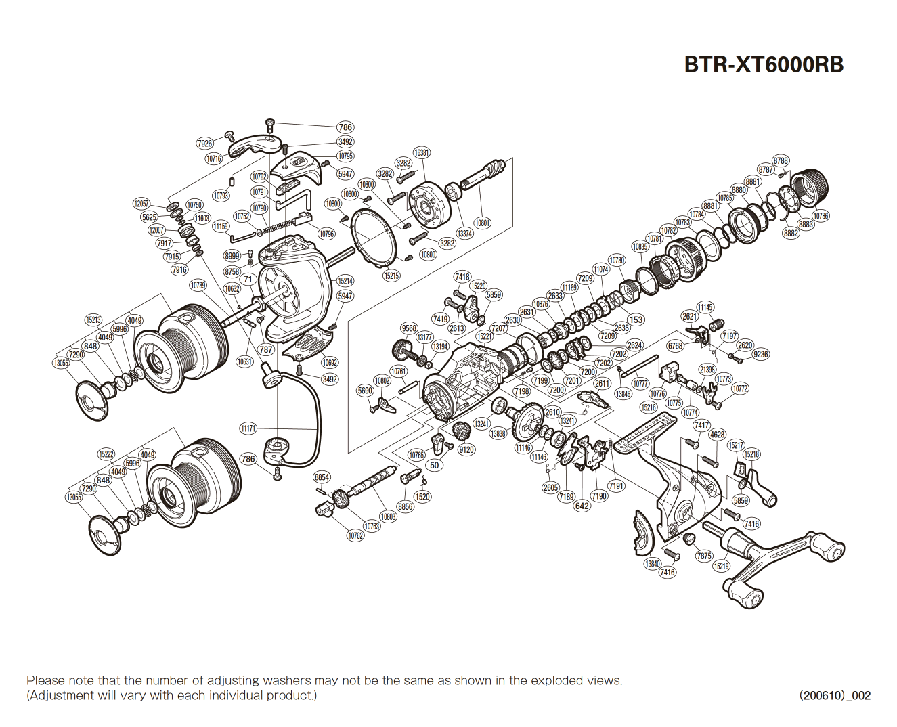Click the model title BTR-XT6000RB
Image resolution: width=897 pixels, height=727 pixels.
click(764, 64)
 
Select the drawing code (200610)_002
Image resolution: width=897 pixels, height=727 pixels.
click(834, 695)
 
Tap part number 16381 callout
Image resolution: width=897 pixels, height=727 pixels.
click(422, 153)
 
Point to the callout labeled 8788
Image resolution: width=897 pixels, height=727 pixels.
click(781, 160)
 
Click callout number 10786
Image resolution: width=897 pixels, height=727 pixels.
click(821, 216)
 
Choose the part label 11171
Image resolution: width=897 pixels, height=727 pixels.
click(248, 428)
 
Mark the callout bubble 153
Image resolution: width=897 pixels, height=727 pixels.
click(636, 320)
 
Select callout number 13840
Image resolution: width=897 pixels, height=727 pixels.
click(652, 563)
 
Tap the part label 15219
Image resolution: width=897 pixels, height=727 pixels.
click(722, 566)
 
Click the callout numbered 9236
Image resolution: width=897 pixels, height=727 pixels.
click(761, 354)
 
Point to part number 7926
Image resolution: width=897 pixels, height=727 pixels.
click(204, 144)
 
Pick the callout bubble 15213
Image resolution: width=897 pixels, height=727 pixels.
click(93, 320)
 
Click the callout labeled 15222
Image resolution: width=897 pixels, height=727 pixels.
click(106, 454)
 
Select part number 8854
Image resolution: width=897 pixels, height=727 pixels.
click(322, 477)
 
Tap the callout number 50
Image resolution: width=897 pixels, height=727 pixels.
click(435, 465)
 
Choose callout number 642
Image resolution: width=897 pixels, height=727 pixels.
click(582, 506)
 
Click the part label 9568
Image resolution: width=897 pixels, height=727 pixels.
click(409, 328)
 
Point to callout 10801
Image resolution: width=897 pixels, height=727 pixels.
click(482, 223)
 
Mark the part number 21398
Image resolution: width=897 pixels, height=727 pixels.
click(707, 370)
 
